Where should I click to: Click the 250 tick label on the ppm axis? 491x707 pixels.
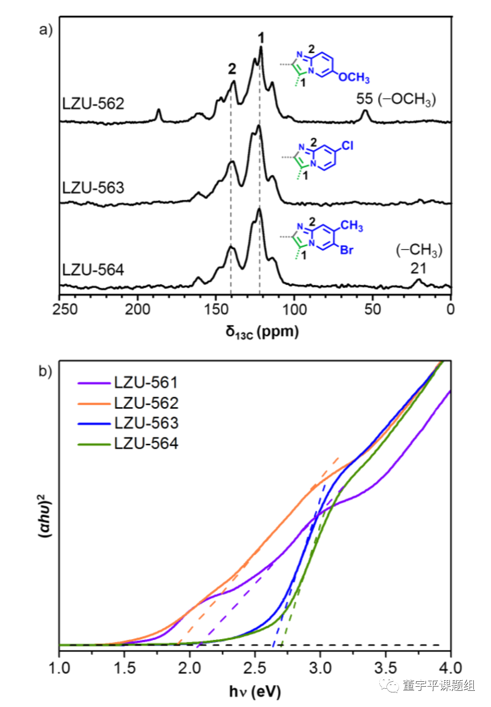[65, 309]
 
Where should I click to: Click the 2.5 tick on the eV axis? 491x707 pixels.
[255, 668]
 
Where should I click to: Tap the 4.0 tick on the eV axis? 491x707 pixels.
[450, 668]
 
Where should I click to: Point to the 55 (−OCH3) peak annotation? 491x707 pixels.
[396, 99]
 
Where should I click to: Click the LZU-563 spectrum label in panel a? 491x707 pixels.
[93, 188]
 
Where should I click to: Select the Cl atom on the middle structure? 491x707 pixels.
[348, 146]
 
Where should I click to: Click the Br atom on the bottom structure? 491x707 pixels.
[347, 250]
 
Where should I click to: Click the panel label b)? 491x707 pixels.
[45, 371]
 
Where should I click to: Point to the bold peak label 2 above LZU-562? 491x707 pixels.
[232, 69]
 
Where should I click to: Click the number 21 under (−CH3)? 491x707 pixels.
[418, 268]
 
